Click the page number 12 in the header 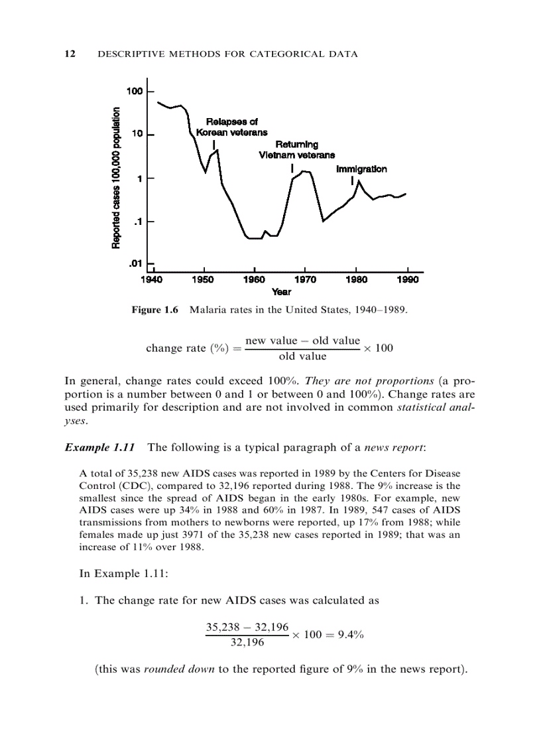click(x=69, y=54)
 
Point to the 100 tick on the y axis click(x=135, y=91)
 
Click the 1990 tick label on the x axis click(x=408, y=281)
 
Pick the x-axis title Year click(x=281, y=292)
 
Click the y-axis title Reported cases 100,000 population click(x=117, y=178)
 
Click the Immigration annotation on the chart click(x=361, y=169)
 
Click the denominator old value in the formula click(x=302, y=356)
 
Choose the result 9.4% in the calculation click(x=351, y=634)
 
